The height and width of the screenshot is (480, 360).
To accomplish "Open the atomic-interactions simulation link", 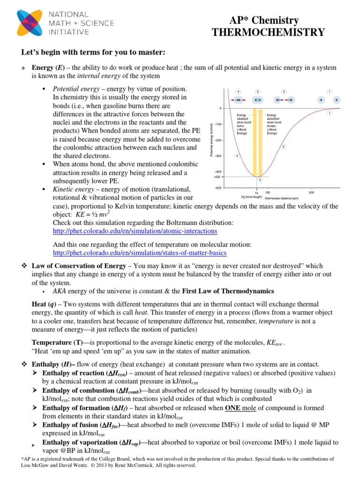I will pos(135,231).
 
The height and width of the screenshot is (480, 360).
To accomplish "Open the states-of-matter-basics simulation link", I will pos(140,253).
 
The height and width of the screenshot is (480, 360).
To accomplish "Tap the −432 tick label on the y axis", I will pos(217,177).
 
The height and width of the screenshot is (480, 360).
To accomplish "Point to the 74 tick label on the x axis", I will pos(256,193).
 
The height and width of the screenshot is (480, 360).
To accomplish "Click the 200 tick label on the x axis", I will pos(311,193).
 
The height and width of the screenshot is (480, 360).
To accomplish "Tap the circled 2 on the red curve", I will pos(284,147).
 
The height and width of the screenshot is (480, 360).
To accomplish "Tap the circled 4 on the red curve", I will pos(237,156).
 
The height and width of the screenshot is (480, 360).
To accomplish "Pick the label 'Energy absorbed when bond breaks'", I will pos(273,124).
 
